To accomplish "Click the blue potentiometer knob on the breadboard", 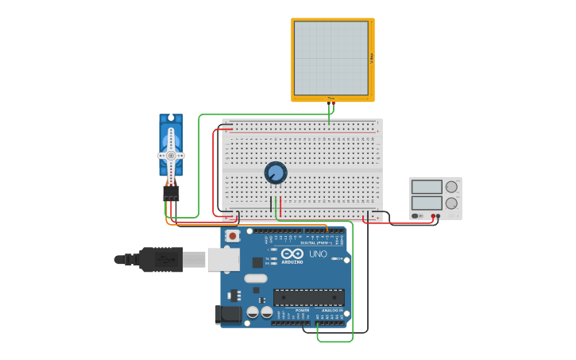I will [276, 172].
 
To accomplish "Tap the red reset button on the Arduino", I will [232, 235].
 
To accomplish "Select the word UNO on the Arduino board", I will [318, 254].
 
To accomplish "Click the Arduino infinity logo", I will [292, 254].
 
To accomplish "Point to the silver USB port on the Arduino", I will [223, 259].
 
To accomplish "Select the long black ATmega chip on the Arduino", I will [309, 297].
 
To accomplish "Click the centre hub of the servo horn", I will [171, 155].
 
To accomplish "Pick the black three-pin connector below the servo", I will [171, 193].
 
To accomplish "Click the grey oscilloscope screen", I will [331, 58].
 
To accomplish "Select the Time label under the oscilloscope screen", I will [331, 99].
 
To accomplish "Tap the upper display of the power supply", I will [427, 188].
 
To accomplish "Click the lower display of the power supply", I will [427, 203].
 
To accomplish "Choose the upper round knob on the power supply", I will [451, 188].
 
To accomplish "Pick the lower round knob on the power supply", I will [451, 203].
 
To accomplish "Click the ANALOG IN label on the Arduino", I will [333, 311].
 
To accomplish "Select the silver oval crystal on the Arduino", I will [256, 278].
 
